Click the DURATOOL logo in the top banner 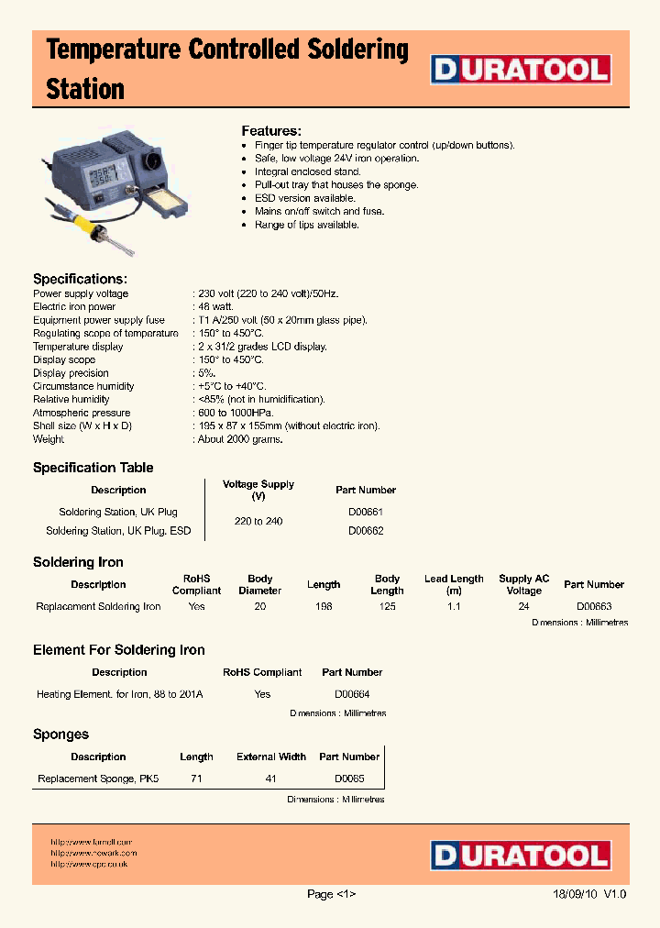(x=522, y=71)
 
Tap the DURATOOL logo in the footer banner (x=522, y=856)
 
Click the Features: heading (x=271, y=131)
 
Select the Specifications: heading (x=80, y=279)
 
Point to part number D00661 (x=366, y=512)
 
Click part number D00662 (x=366, y=531)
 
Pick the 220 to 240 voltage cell (x=258, y=521)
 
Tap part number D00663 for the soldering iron (x=594, y=606)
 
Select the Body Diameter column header (x=260, y=584)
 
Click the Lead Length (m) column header (x=454, y=584)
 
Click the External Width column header (x=271, y=757)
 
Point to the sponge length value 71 (x=196, y=779)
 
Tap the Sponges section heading (x=60, y=735)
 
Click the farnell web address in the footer (x=92, y=842)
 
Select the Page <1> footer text (x=331, y=894)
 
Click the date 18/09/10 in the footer (x=576, y=894)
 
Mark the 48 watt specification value (x=216, y=307)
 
